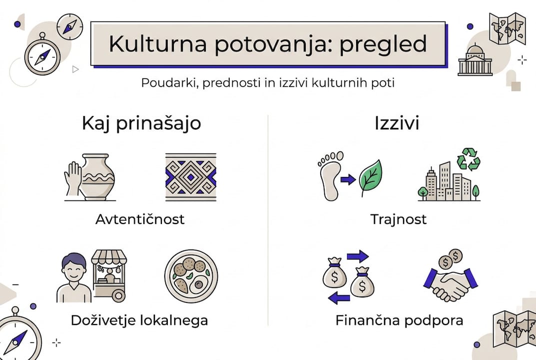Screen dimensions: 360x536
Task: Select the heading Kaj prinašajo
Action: click(141, 123)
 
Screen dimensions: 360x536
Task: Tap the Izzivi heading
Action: click(397, 123)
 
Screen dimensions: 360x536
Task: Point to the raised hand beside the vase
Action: click(72, 177)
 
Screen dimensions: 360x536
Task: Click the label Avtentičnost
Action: click(140, 219)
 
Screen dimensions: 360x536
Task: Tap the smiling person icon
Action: click(73, 277)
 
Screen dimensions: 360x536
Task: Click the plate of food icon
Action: click(191, 276)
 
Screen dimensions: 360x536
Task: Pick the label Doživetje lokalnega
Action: click(139, 320)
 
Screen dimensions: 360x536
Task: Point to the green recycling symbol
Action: click(470, 159)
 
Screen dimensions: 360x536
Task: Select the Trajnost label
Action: click(399, 219)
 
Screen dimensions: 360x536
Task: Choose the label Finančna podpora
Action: click(399, 320)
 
